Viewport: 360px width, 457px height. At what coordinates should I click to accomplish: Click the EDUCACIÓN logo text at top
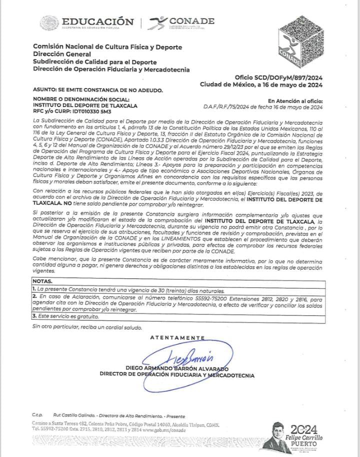point(97,22)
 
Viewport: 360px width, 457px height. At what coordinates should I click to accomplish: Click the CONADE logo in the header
point(185,22)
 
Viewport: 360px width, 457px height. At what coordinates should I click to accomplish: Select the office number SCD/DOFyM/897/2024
point(278,77)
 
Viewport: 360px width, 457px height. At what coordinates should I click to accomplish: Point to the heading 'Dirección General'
point(62,54)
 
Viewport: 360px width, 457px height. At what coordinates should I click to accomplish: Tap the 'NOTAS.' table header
point(42,282)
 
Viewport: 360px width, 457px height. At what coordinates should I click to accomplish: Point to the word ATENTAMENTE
point(177,338)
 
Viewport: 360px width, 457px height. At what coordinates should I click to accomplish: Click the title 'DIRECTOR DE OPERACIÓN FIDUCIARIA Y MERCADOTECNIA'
point(176,375)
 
